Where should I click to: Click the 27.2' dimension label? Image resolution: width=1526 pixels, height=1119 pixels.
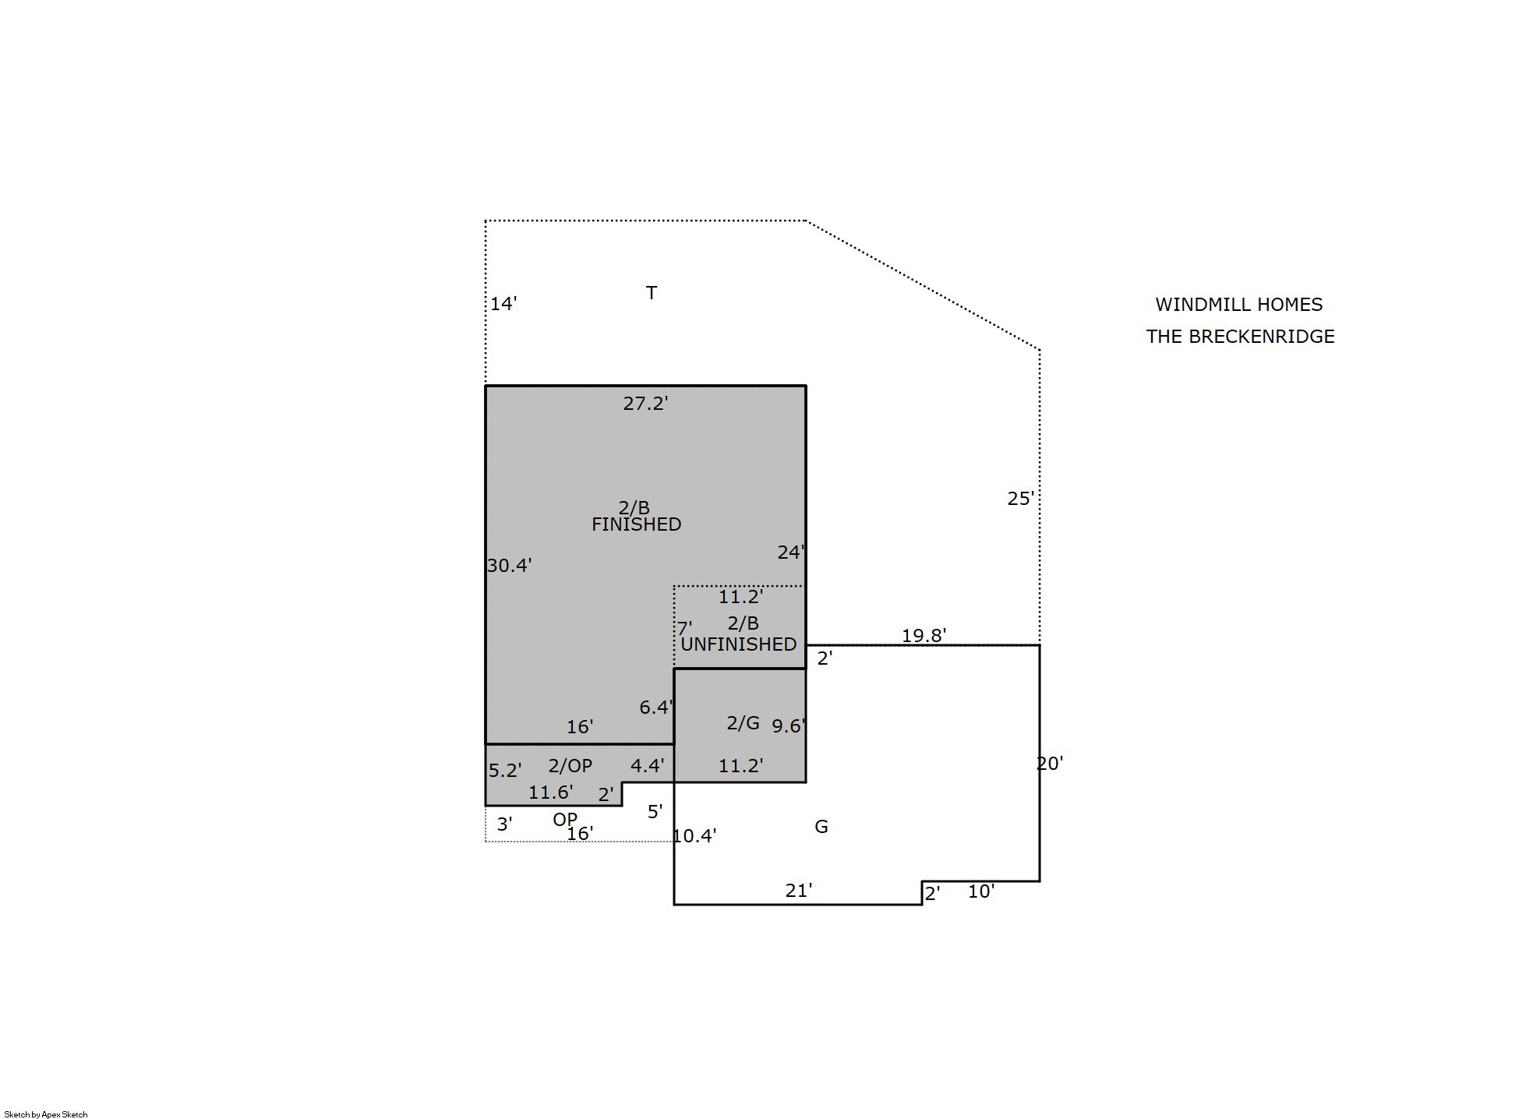click(645, 403)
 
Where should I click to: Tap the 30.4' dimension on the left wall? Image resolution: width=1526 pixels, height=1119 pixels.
click(509, 565)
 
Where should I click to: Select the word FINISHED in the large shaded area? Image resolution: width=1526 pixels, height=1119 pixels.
click(636, 524)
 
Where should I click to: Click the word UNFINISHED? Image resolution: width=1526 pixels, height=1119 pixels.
click(738, 644)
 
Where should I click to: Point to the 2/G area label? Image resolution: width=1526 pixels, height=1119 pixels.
click(743, 723)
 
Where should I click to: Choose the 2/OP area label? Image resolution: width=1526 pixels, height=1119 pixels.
click(570, 766)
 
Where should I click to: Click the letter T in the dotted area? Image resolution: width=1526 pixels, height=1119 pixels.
click(652, 293)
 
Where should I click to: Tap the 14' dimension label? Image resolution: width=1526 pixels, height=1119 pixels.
click(503, 304)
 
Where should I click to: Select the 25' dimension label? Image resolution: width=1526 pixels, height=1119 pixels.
click(1021, 499)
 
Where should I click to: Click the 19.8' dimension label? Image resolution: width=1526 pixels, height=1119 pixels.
click(924, 635)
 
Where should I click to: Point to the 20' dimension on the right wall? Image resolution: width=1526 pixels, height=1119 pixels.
click(1050, 764)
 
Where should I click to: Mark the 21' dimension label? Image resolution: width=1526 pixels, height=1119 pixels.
click(799, 890)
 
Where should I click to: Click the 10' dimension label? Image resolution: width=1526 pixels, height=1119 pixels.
click(981, 891)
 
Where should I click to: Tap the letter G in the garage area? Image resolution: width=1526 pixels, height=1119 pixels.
click(821, 827)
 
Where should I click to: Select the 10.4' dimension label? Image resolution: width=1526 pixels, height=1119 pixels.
click(694, 836)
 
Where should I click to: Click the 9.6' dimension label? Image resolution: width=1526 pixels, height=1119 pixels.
click(789, 726)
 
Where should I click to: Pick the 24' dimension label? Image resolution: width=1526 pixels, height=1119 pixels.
click(791, 552)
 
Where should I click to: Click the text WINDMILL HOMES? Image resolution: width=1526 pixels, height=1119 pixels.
click(1239, 305)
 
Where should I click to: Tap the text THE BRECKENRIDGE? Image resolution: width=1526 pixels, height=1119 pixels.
click(1240, 337)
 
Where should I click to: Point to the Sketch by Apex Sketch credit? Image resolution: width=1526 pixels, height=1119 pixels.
click(46, 1114)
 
